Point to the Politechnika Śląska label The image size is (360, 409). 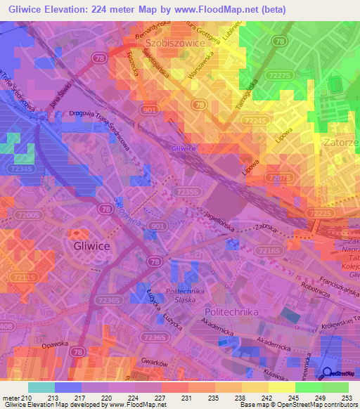tap(183, 294)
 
